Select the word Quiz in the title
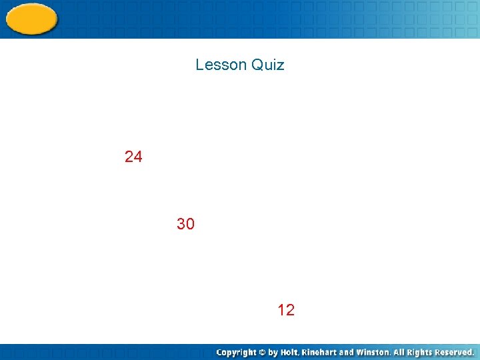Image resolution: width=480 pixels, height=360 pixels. coord(268,65)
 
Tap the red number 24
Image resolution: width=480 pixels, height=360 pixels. coord(133,157)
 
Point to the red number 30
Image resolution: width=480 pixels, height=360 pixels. coord(185,224)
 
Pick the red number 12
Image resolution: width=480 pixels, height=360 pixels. coord(286,309)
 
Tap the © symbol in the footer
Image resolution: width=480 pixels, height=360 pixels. coord(264,352)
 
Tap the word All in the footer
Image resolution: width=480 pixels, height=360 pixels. coord(399,352)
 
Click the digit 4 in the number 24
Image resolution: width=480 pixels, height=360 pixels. coord(137,157)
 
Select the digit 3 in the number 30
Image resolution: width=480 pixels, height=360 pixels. coord(181,224)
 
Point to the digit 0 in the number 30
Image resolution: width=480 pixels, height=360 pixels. coord(190,224)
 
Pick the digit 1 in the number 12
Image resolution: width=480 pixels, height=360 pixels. coord(281,309)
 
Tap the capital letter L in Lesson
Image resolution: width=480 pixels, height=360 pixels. coord(199,65)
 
